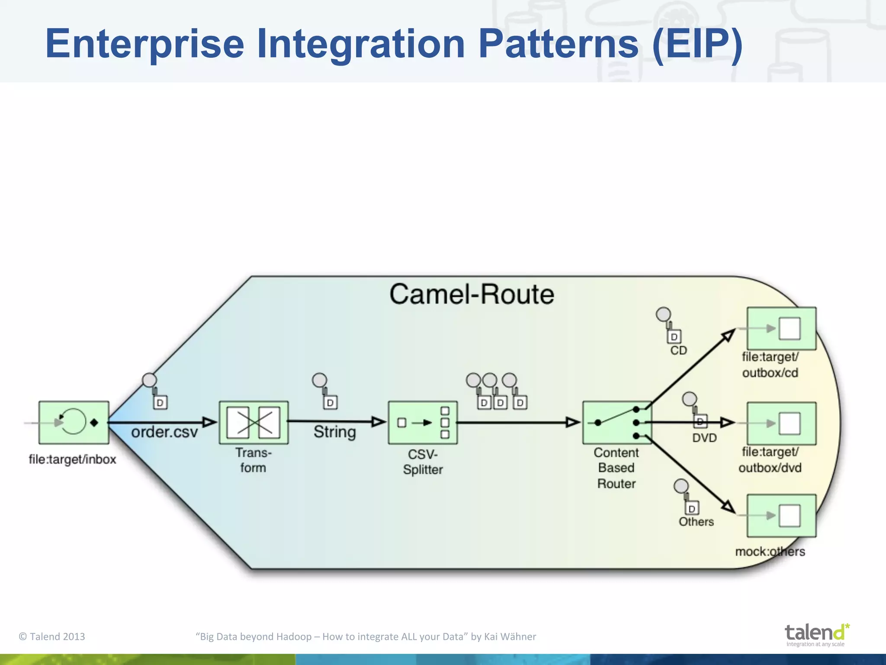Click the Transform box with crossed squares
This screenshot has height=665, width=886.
[254, 423]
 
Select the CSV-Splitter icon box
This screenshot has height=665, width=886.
[423, 423]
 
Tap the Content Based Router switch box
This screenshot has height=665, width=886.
[617, 423]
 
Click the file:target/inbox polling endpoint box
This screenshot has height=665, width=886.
[74, 423]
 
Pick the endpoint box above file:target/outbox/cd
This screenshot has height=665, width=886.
[781, 329]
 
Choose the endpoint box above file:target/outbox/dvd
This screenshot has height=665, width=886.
[781, 423]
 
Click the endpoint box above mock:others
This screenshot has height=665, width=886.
[781, 516]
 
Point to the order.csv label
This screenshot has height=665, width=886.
[164, 432]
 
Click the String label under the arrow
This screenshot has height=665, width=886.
[334, 432]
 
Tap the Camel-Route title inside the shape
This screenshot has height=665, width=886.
[472, 294]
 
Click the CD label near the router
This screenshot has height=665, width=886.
[678, 350]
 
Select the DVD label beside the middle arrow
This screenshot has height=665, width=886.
[704, 438]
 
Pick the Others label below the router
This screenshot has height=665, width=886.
[696, 522]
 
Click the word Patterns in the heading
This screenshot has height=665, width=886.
[558, 44]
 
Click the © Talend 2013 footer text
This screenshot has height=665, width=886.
[52, 636]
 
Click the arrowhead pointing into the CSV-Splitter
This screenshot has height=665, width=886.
[379, 422]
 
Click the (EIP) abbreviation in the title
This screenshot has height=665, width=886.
[697, 44]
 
